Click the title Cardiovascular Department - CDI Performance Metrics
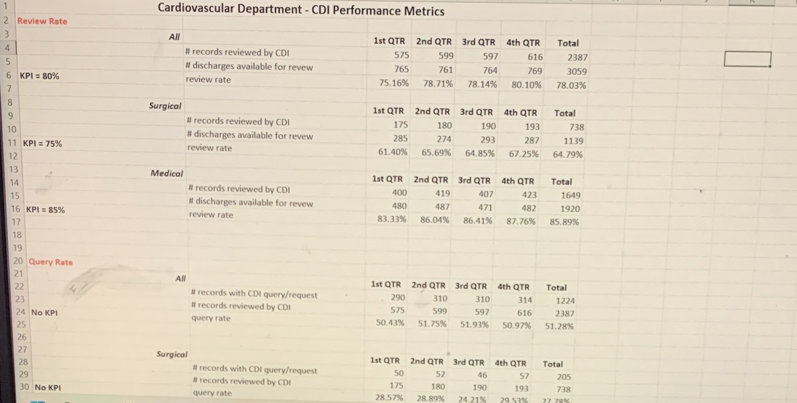301,10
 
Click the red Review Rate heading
42,21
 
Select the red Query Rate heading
51,262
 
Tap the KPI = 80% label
39,76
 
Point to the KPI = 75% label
42,144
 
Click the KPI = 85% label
45,210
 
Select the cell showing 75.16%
394,83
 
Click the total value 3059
576,71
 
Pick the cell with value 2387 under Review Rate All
577,57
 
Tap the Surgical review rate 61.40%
393,152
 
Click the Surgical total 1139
573,141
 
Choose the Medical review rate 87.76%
521,221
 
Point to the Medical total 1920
570,209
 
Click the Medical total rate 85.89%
564,222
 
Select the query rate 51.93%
474,325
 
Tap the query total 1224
565,301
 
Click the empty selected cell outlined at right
747,59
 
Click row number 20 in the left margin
18,261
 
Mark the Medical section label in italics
166,173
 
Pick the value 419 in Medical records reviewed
442,193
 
